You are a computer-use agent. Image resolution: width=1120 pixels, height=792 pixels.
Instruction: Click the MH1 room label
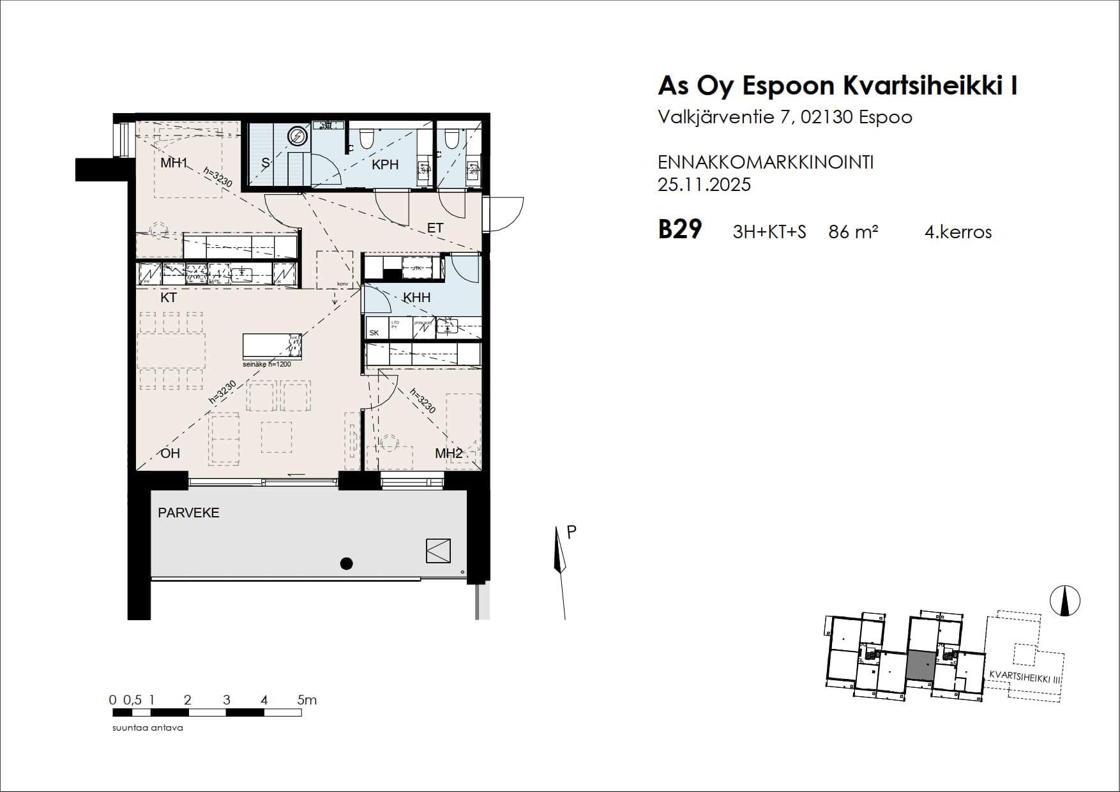(173, 163)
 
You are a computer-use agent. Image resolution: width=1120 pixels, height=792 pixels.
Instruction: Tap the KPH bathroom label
(385, 165)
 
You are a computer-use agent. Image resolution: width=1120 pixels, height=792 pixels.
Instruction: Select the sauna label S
(266, 164)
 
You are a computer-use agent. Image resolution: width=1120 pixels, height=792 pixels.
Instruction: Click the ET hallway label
(435, 228)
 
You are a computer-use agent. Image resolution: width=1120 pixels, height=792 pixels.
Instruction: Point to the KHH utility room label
(416, 298)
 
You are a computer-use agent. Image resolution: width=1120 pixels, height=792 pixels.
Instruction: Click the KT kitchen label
(169, 298)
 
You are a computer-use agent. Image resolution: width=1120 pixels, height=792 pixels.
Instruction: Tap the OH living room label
(170, 453)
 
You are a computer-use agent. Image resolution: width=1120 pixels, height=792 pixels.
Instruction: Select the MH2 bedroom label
(448, 453)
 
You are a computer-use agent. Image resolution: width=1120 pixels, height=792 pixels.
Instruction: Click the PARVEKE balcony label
(188, 513)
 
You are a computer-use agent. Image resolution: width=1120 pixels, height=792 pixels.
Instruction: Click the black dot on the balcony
(346, 563)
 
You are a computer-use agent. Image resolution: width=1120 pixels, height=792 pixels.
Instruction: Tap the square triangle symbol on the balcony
(438, 551)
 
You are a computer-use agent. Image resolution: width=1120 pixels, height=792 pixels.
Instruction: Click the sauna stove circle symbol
(297, 136)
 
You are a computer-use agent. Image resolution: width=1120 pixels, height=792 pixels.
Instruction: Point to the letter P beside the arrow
(571, 532)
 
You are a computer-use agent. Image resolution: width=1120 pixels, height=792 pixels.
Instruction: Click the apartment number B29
(679, 229)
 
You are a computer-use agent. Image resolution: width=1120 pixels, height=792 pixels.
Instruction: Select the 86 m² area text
(852, 232)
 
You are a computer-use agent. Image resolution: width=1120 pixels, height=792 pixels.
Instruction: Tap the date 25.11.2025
(704, 185)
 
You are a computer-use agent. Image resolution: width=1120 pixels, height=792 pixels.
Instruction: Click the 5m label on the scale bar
(306, 700)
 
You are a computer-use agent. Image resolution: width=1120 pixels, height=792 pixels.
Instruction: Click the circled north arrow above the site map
(1064, 601)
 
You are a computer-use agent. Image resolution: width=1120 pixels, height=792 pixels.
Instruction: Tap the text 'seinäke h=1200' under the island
(266, 364)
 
